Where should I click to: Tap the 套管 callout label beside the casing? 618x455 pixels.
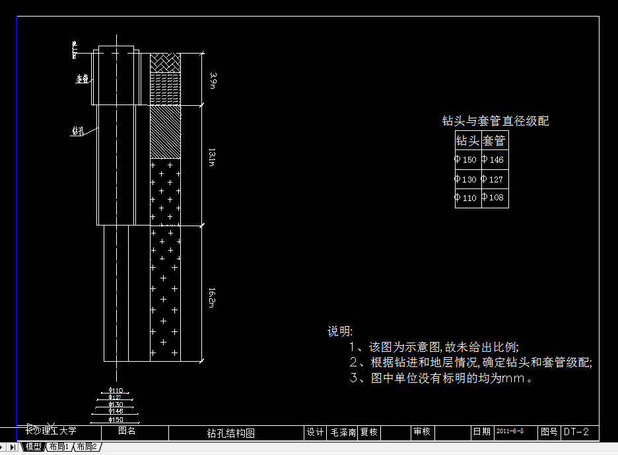click(82, 79)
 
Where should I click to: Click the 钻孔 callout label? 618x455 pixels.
click(77, 131)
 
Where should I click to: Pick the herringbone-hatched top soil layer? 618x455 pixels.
click(165, 62)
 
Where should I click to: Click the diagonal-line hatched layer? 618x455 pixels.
click(165, 132)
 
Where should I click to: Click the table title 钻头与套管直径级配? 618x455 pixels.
click(495, 121)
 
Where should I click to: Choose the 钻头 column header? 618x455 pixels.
click(468, 141)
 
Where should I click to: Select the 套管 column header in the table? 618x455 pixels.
click(495, 141)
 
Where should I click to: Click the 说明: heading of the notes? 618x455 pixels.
click(340, 331)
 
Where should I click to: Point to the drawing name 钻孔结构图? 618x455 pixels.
click(230, 433)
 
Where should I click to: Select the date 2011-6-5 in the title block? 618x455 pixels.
click(510, 431)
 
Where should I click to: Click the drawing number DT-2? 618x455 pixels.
click(576, 432)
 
